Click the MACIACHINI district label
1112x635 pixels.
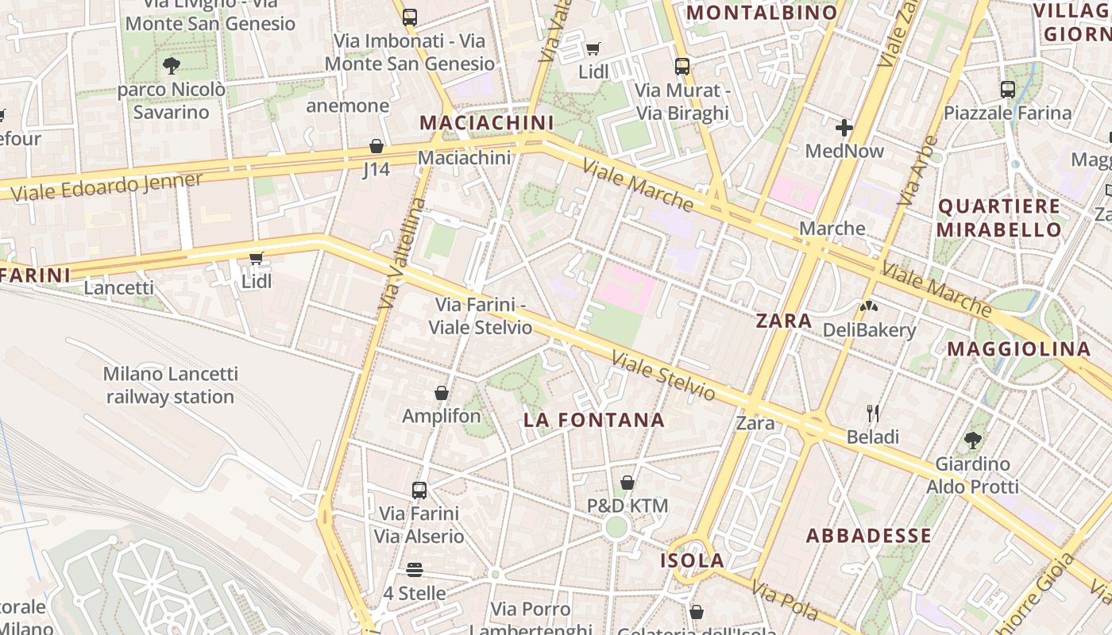pos(486,123)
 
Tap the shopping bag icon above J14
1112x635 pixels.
pos(376,147)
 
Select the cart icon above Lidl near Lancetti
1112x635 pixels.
pos(256,258)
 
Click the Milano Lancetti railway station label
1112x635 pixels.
pos(170,385)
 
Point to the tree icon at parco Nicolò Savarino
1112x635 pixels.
pos(171,66)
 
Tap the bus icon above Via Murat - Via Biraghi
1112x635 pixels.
pos(681,67)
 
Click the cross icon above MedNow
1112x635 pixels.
pos(844,127)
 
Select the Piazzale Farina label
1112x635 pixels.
pos(1007,113)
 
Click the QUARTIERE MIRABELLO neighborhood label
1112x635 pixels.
pos(998,218)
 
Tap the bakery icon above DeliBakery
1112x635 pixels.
pos(869,306)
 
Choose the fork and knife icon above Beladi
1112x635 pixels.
pos(872,413)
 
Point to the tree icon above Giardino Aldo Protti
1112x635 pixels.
pos(972,440)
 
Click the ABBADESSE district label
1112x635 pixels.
pos(869,536)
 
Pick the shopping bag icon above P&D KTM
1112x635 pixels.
pos(627,483)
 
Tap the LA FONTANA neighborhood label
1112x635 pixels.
pos(593,420)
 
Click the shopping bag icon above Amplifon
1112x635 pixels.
pos(442,393)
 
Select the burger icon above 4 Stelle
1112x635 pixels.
pos(414,570)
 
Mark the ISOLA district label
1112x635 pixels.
pos(693,560)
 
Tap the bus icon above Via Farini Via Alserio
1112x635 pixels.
pos(419,491)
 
